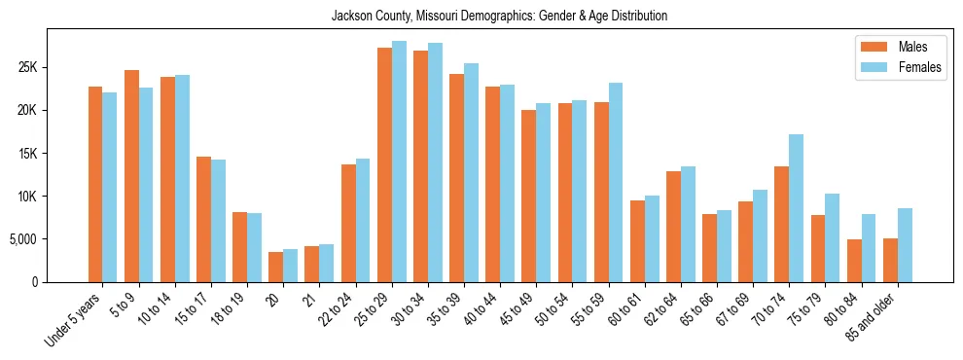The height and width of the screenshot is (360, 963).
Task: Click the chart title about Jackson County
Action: pyautogui.click(x=499, y=17)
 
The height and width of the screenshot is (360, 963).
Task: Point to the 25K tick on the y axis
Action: pyautogui.click(x=25, y=67)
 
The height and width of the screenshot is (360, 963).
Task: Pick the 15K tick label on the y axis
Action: pyautogui.click(x=25, y=154)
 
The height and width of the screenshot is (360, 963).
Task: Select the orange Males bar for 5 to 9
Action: pyautogui.click(x=131, y=176)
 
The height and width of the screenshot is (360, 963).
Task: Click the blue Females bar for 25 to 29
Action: pyautogui.click(x=399, y=162)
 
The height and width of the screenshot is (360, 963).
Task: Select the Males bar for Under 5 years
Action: pyautogui.click(x=95, y=184)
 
